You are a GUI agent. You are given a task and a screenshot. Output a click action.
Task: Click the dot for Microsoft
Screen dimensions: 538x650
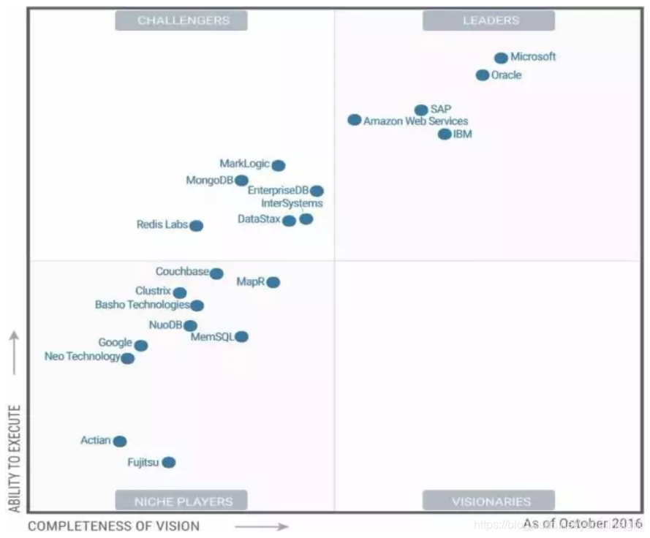click(501, 58)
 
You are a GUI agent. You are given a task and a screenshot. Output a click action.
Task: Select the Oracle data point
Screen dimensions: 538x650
click(483, 75)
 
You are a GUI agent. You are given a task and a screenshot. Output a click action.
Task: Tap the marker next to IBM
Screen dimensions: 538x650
click(445, 134)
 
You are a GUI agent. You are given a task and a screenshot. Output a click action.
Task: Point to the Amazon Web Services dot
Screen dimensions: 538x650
click(355, 119)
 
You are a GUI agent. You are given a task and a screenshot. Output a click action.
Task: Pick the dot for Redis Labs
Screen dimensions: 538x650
click(197, 226)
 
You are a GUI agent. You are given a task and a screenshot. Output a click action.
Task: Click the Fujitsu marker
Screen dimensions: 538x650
click(169, 462)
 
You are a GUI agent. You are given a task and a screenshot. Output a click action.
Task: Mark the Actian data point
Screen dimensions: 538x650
click(120, 441)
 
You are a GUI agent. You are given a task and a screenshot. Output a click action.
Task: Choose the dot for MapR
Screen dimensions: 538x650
click(273, 282)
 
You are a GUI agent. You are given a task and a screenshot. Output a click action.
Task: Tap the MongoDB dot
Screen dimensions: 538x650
click(241, 180)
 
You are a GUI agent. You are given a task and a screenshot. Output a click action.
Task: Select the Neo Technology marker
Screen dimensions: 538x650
click(128, 358)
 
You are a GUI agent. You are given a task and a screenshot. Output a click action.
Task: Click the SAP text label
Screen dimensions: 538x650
click(441, 110)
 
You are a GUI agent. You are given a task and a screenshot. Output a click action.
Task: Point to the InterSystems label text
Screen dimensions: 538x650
click(292, 203)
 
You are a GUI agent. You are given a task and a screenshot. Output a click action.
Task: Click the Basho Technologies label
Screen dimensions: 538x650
click(142, 305)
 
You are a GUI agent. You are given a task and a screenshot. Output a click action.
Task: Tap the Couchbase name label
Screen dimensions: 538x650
click(182, 272)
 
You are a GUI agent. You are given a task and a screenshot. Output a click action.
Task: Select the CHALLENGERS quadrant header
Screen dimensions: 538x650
click(181, 21)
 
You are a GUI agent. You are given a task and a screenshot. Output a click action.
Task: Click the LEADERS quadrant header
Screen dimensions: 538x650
click(489, 21)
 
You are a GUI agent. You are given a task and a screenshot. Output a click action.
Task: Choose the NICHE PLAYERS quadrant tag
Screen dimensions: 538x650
click(181, 501)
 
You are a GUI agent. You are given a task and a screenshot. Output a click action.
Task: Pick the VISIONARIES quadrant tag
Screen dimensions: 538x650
click(489, 501)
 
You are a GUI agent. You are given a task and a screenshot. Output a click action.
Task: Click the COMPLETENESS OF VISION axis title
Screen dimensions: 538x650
click(113, 526)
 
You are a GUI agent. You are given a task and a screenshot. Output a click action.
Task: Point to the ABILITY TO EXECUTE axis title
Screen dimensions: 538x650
click(14, 458)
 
